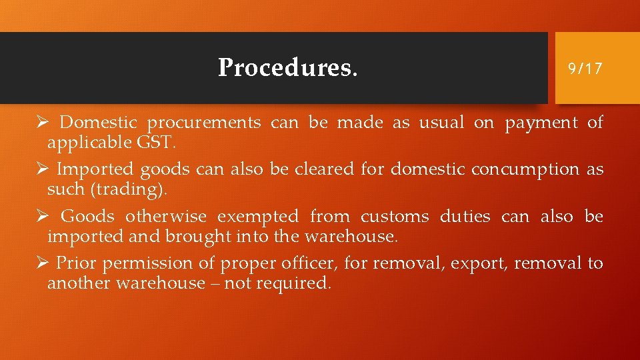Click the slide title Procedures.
point(287,67)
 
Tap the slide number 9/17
point(585,68)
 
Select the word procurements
point(204,123)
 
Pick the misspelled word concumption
point(525,170)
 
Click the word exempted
point(257,217)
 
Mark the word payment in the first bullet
point(541,123)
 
